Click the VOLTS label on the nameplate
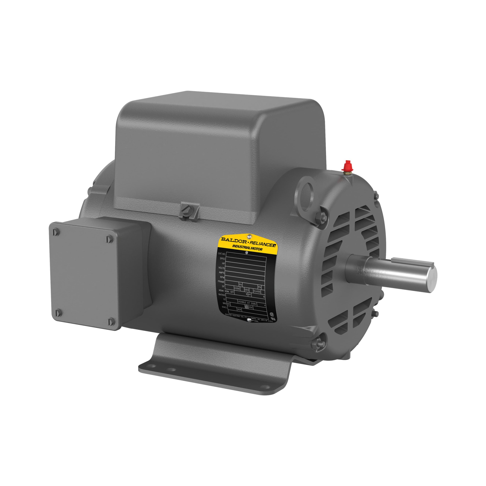(x=221, y=268)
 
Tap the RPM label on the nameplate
(x=222, y=277)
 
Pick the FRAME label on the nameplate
(x=221, y=282)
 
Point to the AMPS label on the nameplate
(x=222, y=273)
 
